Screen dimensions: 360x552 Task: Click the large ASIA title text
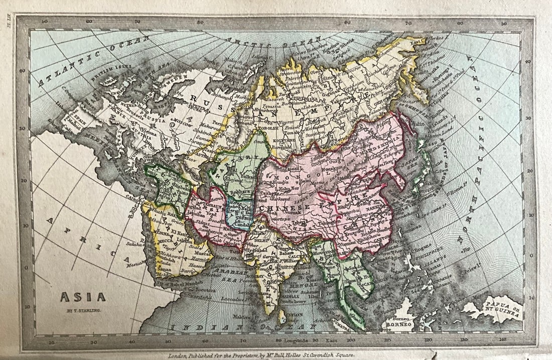point(83,297)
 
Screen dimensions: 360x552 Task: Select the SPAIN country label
point(75,114)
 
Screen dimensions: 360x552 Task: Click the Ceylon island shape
point(283,316)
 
